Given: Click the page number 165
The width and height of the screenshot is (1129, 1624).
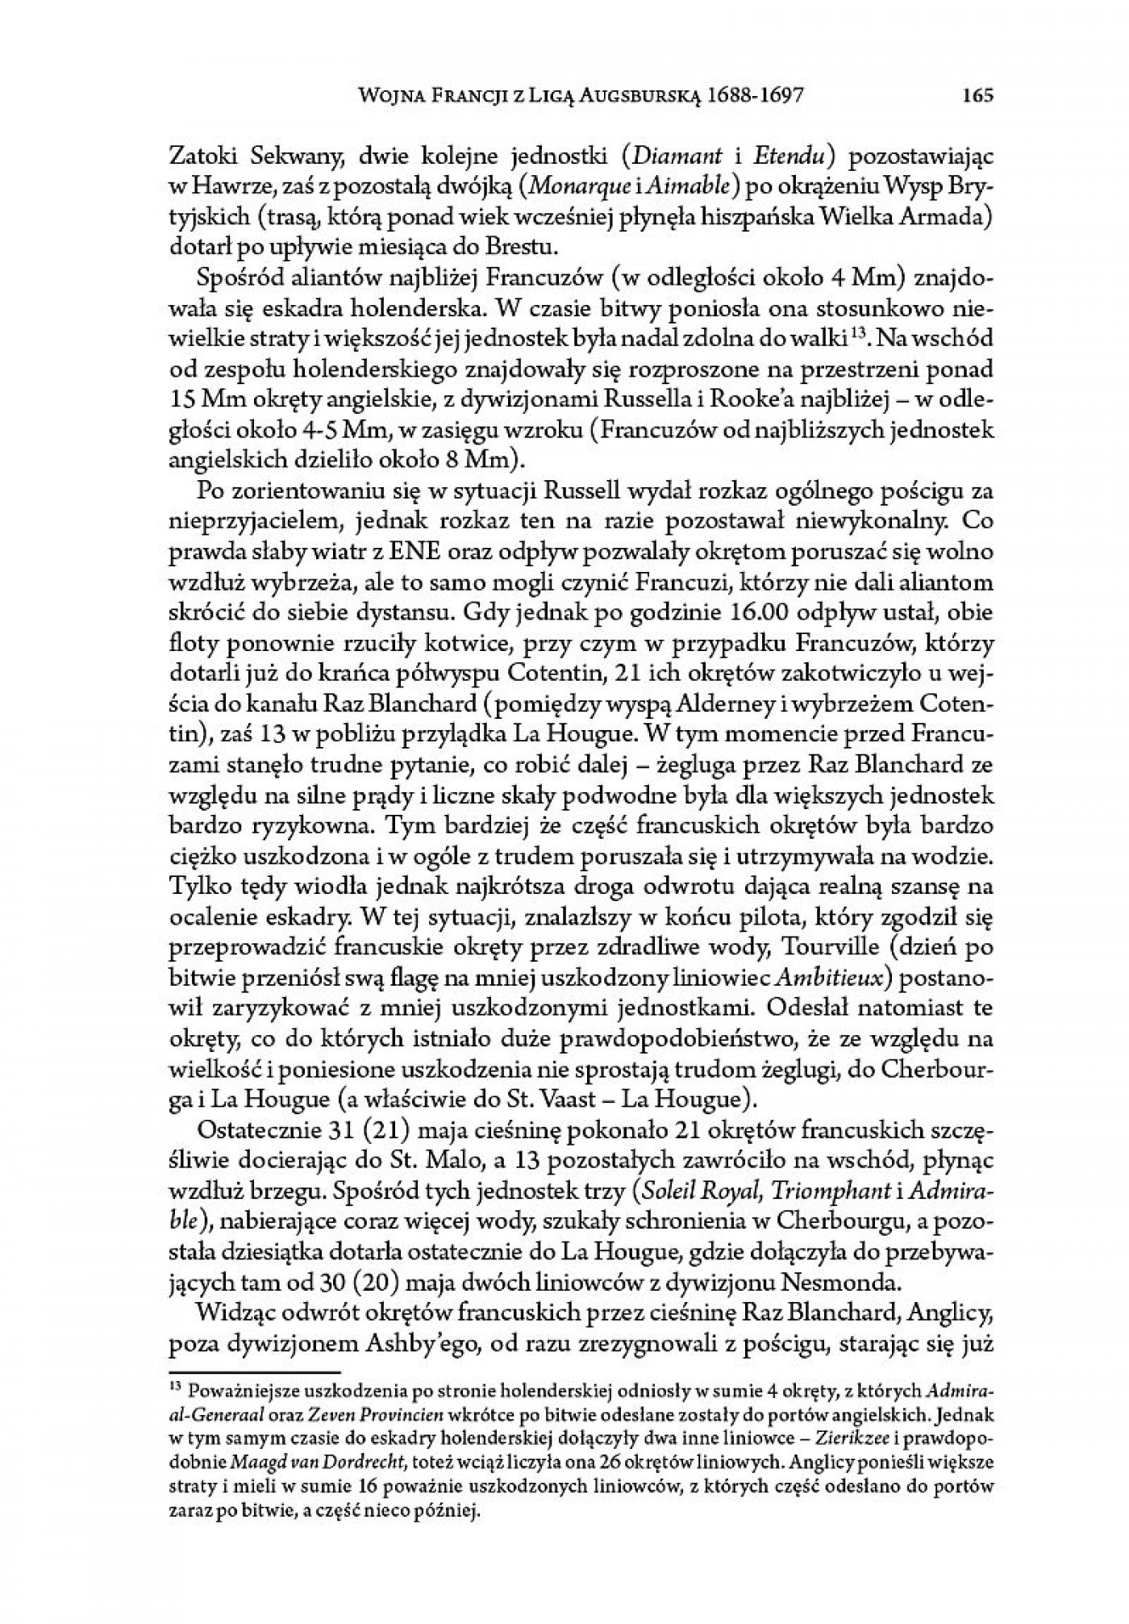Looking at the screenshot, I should pos(977,96).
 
